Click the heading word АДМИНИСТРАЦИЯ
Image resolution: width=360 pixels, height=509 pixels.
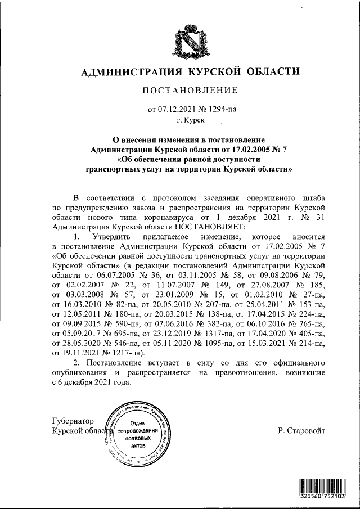pyautogui.click(x=124, y=72)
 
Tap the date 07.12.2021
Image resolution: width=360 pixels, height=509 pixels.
pyautogui.click(x=174, y=110)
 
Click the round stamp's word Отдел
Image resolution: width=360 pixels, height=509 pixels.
pyautogui.click(x=138, y=422)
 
